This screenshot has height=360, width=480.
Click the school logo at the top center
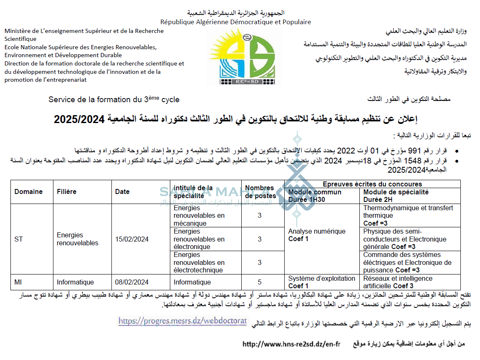click(240, 59)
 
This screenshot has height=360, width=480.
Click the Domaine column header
click(28, 192)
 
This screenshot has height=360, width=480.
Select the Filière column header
click(67, 192)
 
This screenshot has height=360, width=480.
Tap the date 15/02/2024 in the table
click(132, 239)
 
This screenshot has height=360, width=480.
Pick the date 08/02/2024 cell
click(132, 282)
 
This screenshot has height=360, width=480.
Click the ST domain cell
click(19, 239)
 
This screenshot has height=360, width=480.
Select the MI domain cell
click(18, 282)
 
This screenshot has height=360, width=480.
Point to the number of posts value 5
click(260, 282)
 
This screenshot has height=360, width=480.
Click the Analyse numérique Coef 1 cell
click(317, 235)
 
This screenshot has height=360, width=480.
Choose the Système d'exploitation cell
click(321, 282)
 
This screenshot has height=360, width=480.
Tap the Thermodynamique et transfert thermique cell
click(408, 215)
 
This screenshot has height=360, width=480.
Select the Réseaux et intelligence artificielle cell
click(398, 282)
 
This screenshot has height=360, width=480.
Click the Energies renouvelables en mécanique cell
click(199, 215)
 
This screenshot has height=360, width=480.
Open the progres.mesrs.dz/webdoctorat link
click(182, 321)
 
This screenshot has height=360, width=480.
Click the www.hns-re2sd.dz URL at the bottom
click(291, 344)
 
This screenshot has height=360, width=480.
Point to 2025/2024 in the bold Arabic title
click(79, 119)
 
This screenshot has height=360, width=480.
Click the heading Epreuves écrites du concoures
click(372, 184)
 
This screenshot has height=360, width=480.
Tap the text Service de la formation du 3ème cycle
click(114, 100)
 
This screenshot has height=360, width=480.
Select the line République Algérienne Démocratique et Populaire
click(236, 22)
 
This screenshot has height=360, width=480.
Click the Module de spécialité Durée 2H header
click(396, 196)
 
